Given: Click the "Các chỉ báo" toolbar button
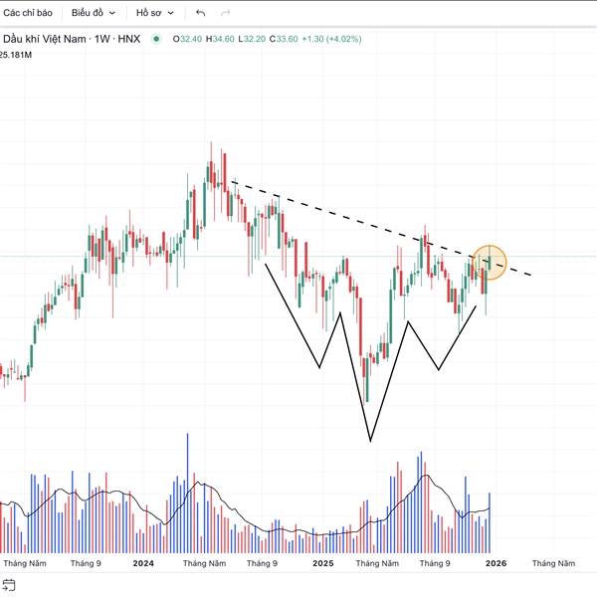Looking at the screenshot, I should pos(27,13).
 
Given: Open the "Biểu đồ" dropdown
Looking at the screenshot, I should pos(94,13).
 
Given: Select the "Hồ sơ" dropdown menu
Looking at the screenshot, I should pos(155,13).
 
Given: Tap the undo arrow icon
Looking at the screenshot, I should pos(201,13).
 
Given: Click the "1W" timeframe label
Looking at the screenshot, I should pos(100,39).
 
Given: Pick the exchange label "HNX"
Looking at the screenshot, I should pos(128,39).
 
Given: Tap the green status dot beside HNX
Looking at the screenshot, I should pos(156,39).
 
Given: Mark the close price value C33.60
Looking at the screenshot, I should pos(290,39).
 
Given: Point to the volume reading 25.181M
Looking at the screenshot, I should pos(17,55).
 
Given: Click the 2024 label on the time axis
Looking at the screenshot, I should pos(143,563).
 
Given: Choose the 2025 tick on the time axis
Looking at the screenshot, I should pos(322,563).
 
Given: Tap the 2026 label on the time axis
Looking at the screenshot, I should pos(496,563).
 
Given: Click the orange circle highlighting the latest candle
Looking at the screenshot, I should pos(490,262).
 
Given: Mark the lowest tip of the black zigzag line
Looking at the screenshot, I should pos(370,440).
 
